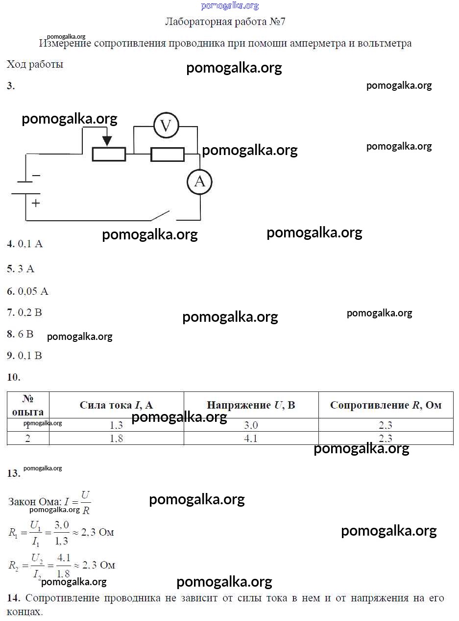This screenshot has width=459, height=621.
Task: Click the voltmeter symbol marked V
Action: click(x=166, y=126)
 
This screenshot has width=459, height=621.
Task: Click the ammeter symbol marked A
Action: click(x=199, y=181)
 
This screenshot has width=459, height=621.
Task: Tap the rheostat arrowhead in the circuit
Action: click(x=107, y=141)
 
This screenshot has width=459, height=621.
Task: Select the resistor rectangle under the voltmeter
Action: click(x=167, y=155)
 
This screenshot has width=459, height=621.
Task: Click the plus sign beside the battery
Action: click(x=36, y=203)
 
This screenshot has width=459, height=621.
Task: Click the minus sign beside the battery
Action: click(x=36, y=175)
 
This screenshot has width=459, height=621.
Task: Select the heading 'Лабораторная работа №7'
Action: click(x=225, y=22)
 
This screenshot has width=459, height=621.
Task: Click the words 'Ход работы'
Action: click(x=35, y=64)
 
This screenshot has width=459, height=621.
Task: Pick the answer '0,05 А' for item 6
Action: click(x=33, y=291)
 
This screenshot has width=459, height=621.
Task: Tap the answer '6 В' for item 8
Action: click(x=25, y=334)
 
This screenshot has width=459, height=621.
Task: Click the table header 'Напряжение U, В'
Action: click(x=251, y=405)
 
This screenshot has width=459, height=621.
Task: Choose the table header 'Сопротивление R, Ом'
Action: click(x=386, y=405)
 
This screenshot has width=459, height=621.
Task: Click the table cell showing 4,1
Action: click(x=251, y=439)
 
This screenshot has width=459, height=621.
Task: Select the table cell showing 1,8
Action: click(x=117, y=439)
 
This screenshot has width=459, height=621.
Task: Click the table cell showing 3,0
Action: click(x=251, y=425)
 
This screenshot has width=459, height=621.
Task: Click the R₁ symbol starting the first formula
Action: click(x=13, y=532)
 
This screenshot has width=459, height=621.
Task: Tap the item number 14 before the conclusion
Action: click(x=13, y=598)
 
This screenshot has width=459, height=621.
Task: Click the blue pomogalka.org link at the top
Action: click(x=229, y=6)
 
